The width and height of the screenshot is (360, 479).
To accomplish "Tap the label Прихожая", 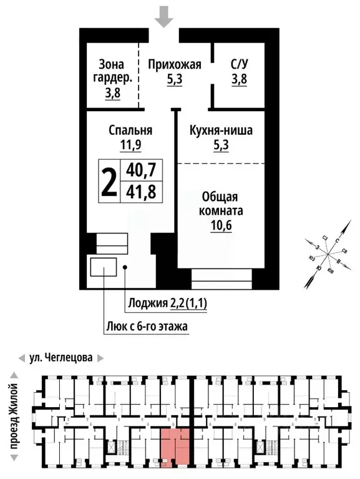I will point(175,64).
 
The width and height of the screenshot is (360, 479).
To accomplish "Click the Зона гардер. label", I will point(112,71).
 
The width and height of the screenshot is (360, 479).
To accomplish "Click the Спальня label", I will point(130,131).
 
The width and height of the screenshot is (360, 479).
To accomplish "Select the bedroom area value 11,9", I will point(130,146).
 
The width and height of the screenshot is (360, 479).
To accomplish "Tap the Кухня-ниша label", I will point(220,131).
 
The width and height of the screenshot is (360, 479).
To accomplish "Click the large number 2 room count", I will point(110,181).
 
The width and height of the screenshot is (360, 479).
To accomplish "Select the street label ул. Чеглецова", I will point(61,358).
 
